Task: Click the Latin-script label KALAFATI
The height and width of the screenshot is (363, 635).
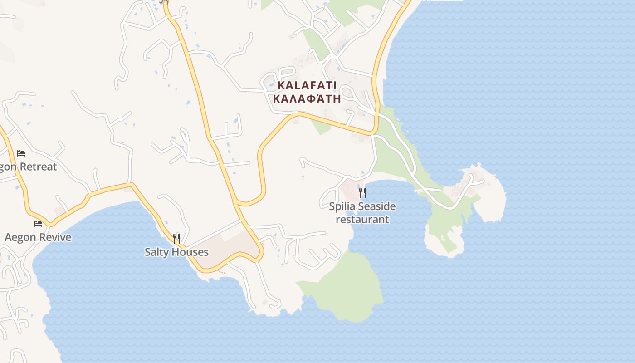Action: click(307, 85)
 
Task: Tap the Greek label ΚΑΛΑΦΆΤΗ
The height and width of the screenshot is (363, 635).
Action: click(307, 98)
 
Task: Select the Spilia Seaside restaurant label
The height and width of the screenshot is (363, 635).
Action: click(362, 213)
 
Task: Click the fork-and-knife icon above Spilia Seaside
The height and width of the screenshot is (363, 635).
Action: click(362, 193)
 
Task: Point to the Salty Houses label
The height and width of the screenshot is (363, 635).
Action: click(176, 252)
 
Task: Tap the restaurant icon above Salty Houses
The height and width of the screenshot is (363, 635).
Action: click(176, 238)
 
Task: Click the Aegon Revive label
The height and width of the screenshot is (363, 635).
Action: click(38, 237)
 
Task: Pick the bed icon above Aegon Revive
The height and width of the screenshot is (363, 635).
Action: click(38, 223)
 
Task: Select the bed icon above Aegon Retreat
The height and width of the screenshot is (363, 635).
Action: click(21, 153)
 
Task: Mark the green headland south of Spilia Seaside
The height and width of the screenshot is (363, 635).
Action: click(349, 286)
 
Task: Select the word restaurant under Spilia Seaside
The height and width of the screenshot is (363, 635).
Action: click(362, 220)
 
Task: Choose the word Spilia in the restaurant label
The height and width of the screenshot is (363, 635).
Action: click(342, 207)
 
